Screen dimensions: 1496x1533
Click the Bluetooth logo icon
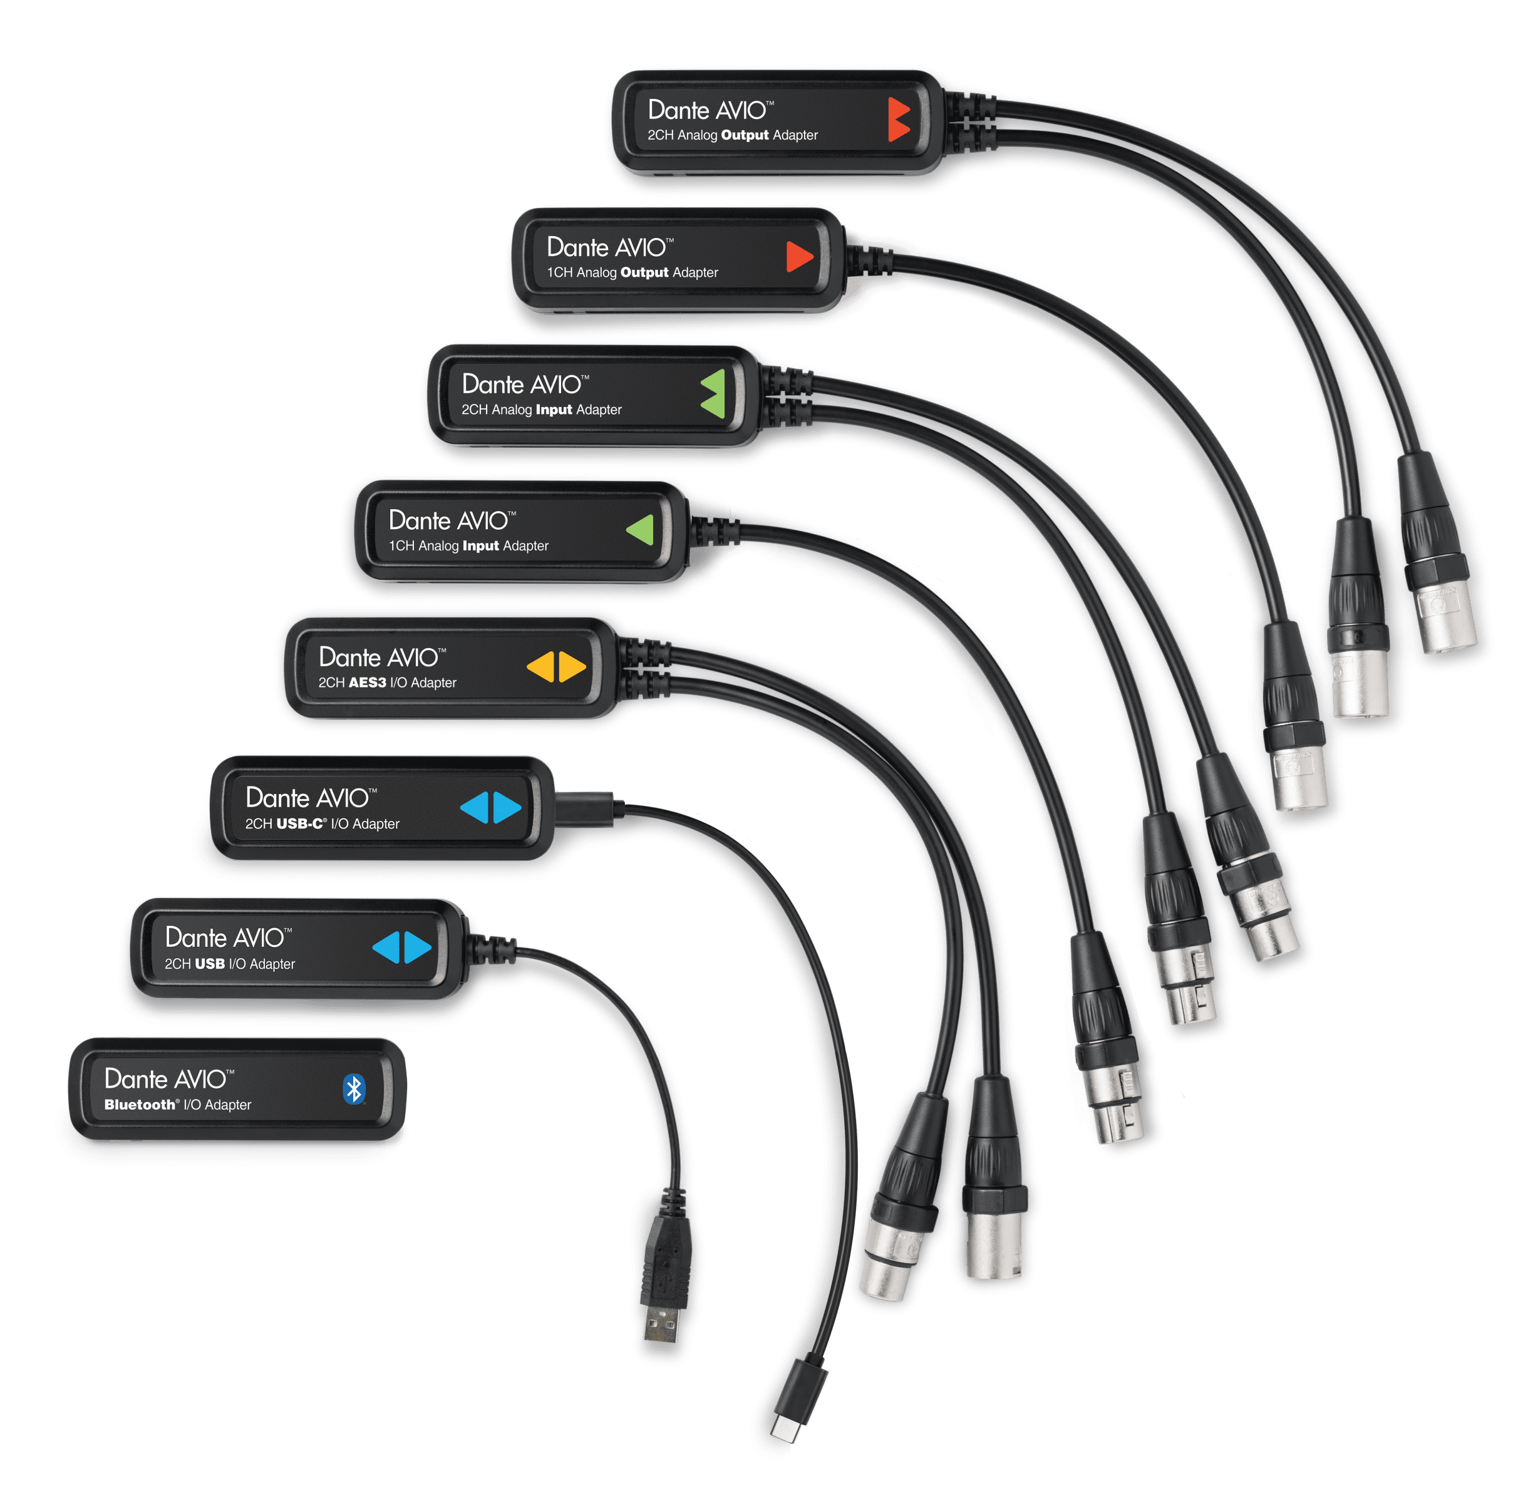click(x=354, y=1089)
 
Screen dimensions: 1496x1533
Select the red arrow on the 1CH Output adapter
click(x=799, y=256)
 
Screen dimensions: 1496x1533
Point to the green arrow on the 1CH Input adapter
click(x=641, y=530)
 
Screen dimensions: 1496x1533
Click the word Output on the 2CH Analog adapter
click(x=744, y=135)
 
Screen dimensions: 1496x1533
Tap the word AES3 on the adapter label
click(x=367, y=683)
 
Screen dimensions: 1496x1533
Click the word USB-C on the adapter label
click(x=300, y=823)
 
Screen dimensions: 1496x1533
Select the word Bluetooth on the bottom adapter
click(x=140, y=1105)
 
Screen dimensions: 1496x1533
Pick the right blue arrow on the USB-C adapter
click(x=507, y=807)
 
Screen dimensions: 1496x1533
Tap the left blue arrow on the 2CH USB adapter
click(x=386, y=947)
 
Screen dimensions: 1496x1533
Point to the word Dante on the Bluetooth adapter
click(x=135, y=1079)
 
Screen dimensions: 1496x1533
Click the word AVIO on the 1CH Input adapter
click(x=482, y=520)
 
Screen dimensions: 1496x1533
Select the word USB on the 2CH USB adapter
click(x=209, y=964)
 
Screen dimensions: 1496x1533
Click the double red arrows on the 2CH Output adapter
click(x=899, y=120)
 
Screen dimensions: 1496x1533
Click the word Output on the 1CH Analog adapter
click(x=644, y=272)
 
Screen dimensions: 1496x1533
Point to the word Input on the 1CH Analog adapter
click(x=480, y=546)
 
